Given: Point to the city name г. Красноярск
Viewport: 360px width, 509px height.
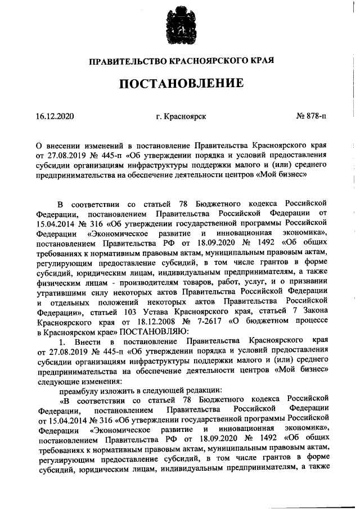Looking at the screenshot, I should click(181, 116).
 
